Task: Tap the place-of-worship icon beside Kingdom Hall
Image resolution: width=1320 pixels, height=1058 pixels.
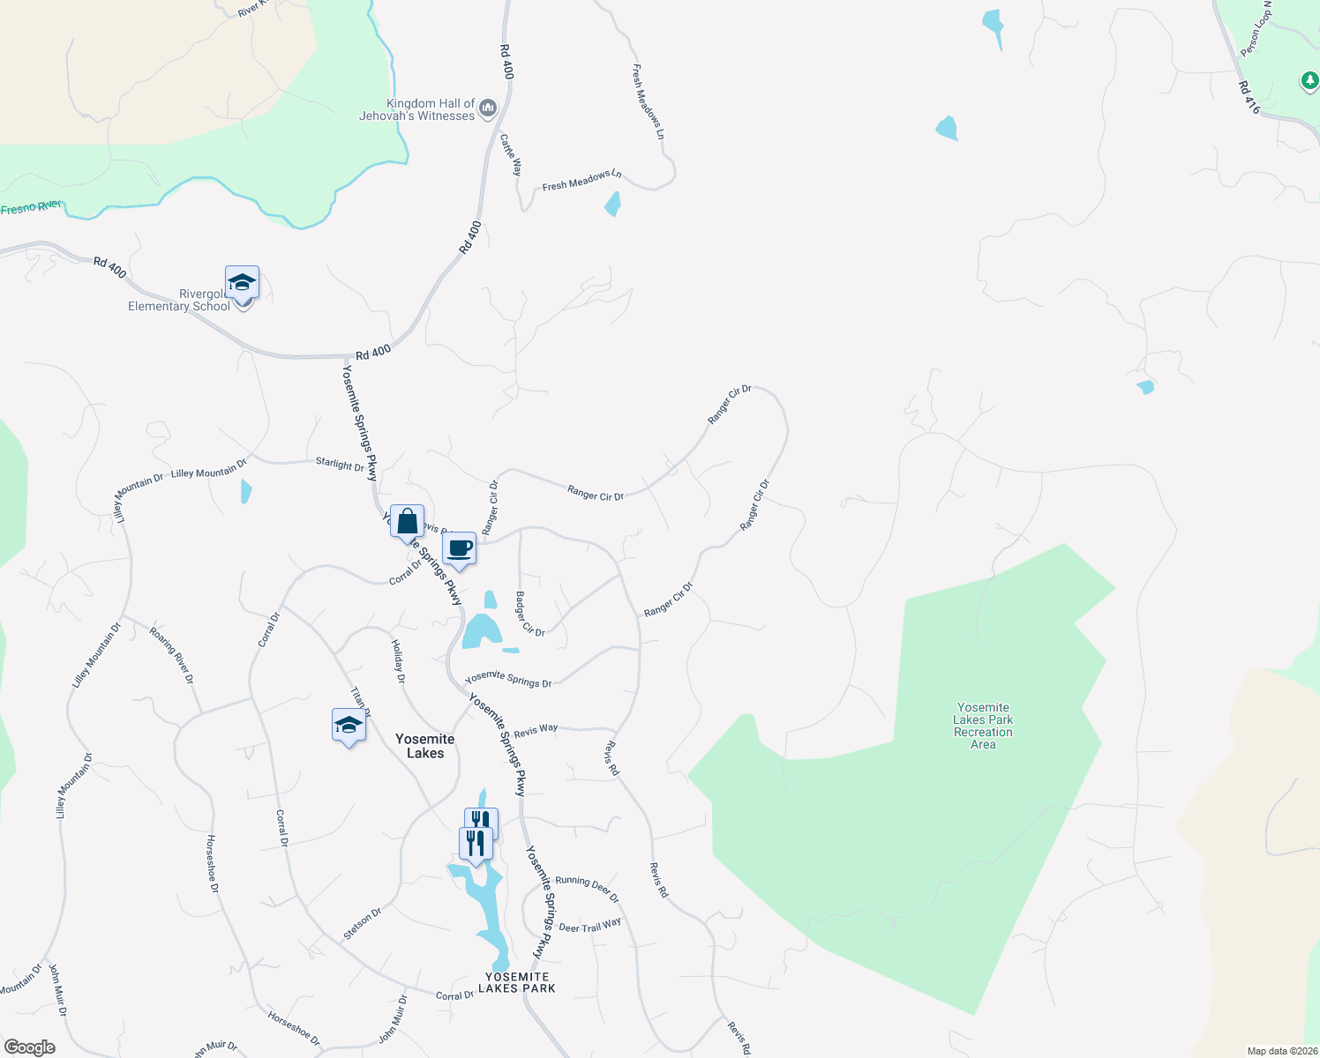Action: point(488,108)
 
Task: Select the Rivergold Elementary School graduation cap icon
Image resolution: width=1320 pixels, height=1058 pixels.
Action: point(242,284)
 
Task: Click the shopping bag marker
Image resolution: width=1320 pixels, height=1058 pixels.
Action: point(407,522)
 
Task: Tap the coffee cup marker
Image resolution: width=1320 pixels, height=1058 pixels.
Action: point(459,549)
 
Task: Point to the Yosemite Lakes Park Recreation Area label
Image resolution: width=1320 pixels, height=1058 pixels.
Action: point(983,726)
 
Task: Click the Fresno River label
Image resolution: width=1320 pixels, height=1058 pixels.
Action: point(31,208)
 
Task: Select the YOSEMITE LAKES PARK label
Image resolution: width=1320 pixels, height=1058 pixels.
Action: point(517,982)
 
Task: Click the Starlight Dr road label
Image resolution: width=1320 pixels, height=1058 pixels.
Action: point(340,464)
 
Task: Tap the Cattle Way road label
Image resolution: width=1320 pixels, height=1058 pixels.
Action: point(511,154)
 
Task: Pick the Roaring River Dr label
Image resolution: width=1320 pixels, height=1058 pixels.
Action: point(171,655)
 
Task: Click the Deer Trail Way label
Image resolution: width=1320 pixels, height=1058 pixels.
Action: point(589,926)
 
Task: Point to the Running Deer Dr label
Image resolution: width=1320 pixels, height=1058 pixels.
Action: point(587,888)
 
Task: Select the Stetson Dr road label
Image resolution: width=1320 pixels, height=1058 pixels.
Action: point(363,923)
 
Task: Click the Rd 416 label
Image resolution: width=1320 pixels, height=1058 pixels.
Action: point(1249,98)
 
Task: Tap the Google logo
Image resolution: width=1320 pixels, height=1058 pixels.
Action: point(30,1047)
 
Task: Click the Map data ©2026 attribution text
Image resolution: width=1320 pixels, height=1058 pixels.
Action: point(1281,1051)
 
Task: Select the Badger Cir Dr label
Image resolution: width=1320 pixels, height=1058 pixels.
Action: point(529,615)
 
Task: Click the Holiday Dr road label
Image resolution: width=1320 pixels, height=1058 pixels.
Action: point(398,661)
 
